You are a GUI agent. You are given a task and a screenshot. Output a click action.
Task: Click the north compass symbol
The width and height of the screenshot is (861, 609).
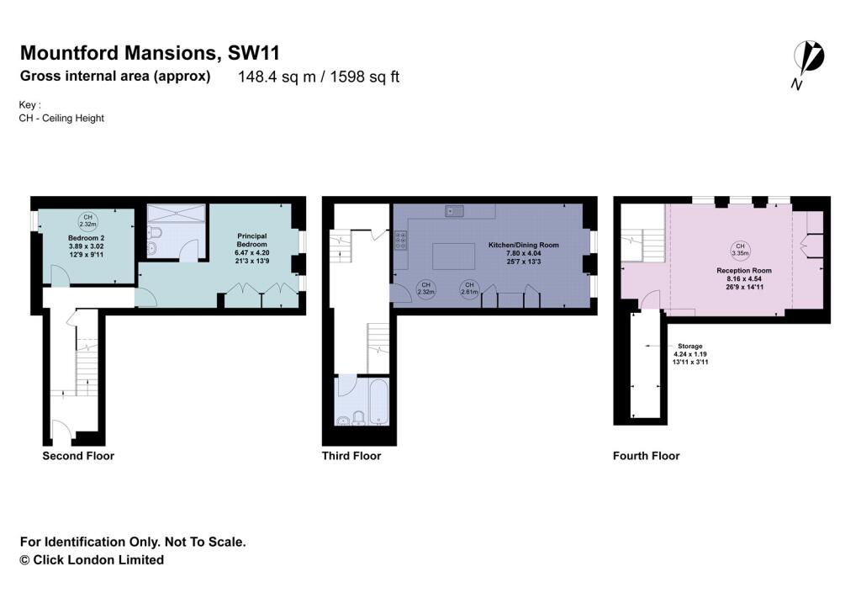(810, 60)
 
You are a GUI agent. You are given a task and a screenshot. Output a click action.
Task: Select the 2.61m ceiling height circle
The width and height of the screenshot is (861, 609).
(468, 289)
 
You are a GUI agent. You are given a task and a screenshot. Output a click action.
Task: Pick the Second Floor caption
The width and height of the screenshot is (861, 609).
(78, 456)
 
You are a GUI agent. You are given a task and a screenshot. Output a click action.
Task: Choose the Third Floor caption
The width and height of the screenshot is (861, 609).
(351, 456)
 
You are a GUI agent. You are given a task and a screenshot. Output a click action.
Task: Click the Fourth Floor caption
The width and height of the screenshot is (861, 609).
(646, 456)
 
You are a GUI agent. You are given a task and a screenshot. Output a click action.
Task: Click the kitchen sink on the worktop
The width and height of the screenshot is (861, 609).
(457, 210)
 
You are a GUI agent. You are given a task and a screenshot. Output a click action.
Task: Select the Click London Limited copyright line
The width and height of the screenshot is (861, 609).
(92, 559)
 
